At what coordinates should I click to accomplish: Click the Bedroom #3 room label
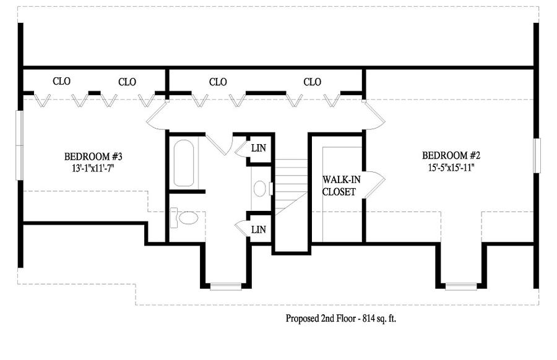coord(93,156)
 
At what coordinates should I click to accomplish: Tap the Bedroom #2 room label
coord(451,155)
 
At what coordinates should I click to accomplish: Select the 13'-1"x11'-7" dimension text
coord(93,168)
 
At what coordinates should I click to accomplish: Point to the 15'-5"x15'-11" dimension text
coord(451,167)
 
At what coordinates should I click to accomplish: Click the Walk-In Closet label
coord(340,186)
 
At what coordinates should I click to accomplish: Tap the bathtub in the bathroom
coord(184,163)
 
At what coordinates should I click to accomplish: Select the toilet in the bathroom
coord(184,217)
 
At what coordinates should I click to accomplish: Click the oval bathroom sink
coord(260,188)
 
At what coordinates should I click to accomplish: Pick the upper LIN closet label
coord(259,148)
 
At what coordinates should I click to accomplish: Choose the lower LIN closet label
coord(259,229)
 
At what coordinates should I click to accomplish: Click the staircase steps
coord(291,187)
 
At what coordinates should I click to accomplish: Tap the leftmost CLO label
coord(61,81)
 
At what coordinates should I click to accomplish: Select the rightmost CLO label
coord(313,82)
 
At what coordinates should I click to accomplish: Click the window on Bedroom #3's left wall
coord(19,145)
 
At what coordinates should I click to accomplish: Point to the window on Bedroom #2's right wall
coord(537,155)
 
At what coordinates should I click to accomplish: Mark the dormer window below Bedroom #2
coord(461,286)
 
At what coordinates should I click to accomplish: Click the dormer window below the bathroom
coord(225,286)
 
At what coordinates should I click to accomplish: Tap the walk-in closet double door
coord(374,184)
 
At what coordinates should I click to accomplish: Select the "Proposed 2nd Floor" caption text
coord(321,319)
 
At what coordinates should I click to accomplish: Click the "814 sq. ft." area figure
coord(379,319)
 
